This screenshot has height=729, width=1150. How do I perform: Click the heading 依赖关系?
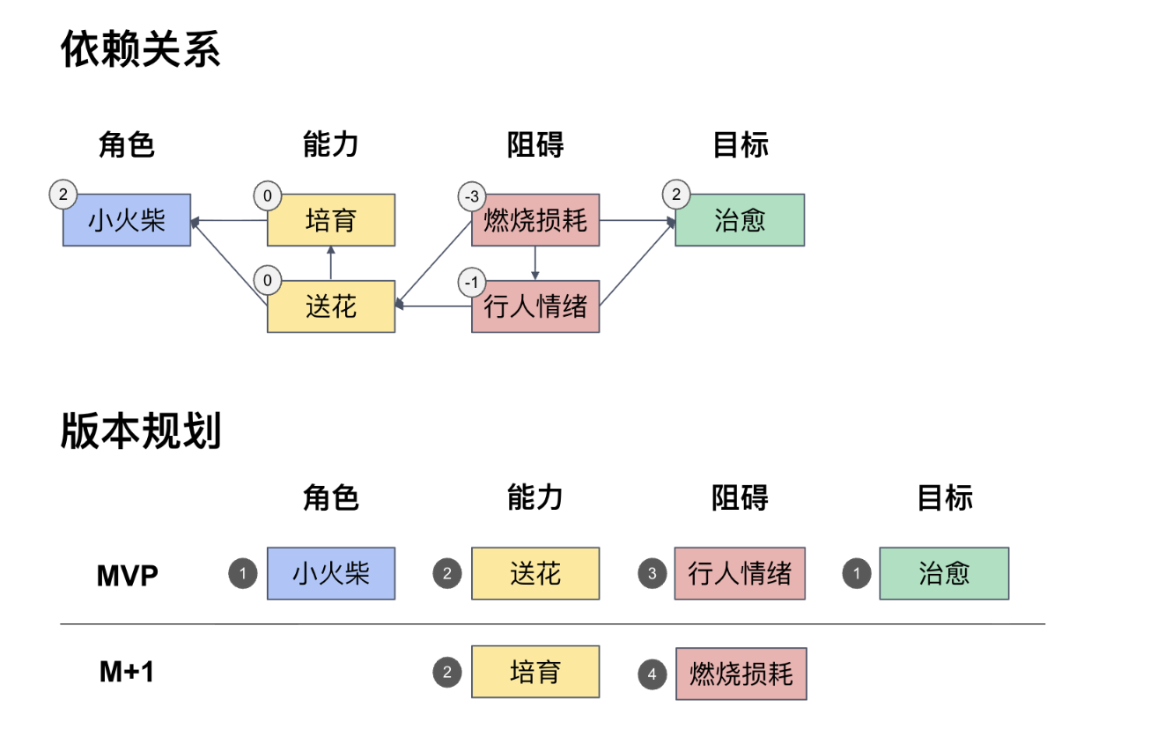click(140, 50)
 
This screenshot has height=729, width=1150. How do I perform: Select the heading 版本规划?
click(140, 431)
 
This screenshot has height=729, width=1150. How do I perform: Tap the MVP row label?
click(127, 576)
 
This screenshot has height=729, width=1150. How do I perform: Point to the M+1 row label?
click(127, 673)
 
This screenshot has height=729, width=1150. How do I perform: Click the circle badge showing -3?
click(472, 195)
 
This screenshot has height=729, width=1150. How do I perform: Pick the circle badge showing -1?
click(472, 283)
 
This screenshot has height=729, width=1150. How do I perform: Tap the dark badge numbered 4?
click(652, 674)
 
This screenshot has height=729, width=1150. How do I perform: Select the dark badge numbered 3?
click(652, 574)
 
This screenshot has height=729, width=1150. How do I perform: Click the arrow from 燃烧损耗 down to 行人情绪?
click(535, 263)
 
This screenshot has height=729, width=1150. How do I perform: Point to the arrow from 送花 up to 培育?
click(331, 263)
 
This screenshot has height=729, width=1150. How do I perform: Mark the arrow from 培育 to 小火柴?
click(229, 220)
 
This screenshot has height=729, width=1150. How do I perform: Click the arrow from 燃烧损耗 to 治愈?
click(637, 220)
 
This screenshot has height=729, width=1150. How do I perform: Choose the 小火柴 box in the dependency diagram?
click(127, 220)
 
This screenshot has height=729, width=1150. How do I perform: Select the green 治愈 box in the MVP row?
click(944, 574)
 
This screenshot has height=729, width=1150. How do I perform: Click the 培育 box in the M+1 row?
click(535, 673)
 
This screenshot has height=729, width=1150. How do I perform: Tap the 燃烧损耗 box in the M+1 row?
click(741, 674)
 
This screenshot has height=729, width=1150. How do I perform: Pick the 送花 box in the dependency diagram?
click(331, 306)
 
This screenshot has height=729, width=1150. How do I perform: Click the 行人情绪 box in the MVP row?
click(740, 574)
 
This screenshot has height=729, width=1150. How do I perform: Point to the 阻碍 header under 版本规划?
click(740, 498)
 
